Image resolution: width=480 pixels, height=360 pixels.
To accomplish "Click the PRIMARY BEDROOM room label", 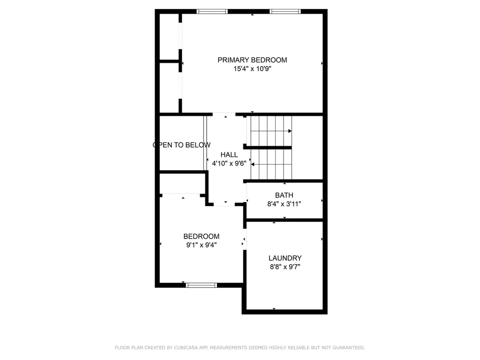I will coord(252,60).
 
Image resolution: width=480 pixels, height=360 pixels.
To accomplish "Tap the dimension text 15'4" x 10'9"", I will coord(252,69).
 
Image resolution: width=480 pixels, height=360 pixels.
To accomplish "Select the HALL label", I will coord(229,155).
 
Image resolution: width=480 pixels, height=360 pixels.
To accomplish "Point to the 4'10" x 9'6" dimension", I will coord(229,164).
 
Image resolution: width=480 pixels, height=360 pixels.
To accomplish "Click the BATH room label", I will coord(284,195).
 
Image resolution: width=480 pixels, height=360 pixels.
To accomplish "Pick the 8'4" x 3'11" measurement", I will coord(284,204).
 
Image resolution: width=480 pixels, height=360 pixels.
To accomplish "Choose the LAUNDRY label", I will coord(285,258).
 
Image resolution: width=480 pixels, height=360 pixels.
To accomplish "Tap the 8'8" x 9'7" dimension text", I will coord(285,267).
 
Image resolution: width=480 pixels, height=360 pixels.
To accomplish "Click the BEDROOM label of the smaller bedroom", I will coord(201,237).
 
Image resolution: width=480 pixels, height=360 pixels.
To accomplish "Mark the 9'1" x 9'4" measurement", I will coord(201,245).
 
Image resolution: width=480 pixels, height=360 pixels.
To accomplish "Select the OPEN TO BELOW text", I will coord(182,145).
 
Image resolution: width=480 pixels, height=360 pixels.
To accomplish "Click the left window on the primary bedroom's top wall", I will coord(212,11).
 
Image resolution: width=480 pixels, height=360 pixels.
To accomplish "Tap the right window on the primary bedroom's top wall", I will coord(285,11).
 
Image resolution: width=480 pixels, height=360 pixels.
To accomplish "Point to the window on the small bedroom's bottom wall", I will coord(202,285).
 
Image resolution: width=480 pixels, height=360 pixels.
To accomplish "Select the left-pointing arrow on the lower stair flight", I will coord(254,165).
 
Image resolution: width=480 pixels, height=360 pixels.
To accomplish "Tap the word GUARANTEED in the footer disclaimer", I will coord(348,348).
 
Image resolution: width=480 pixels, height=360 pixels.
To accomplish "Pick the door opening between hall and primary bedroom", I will coord(224,114).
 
